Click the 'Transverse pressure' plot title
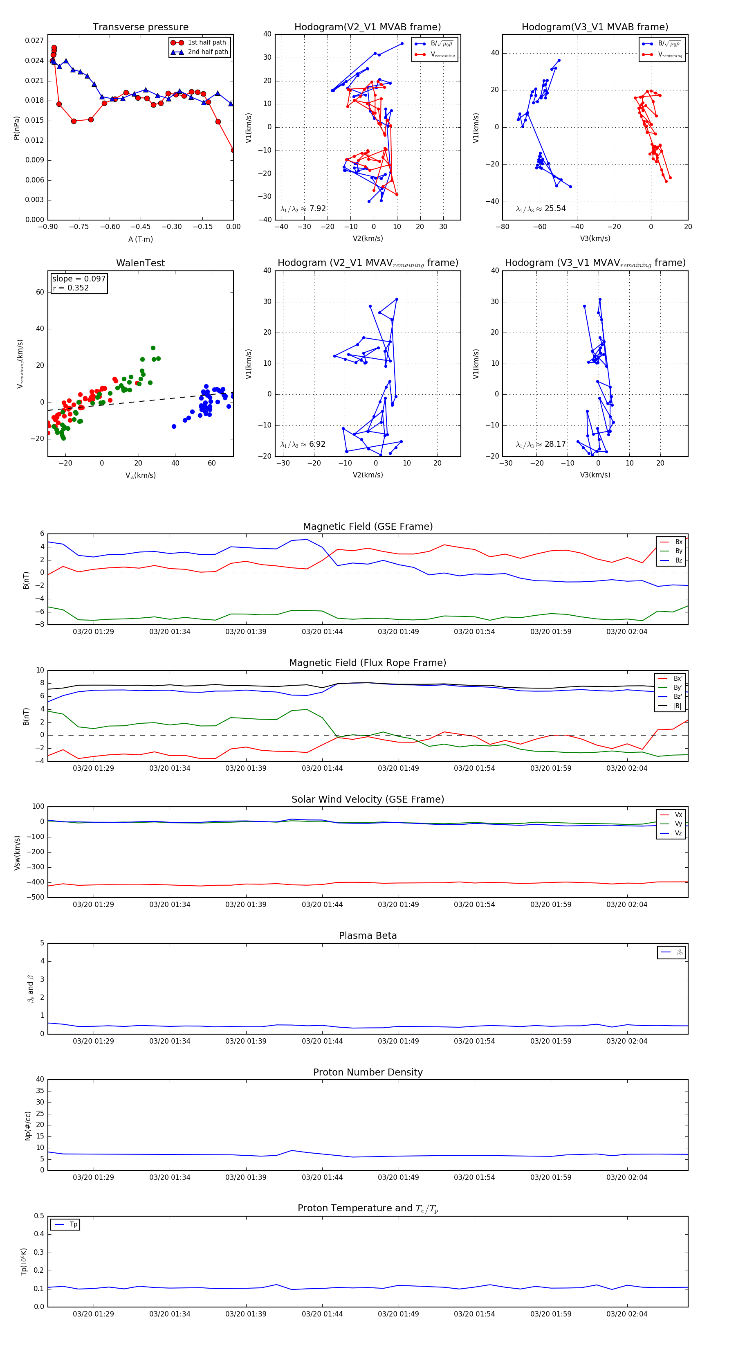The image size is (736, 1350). tap(140, 27)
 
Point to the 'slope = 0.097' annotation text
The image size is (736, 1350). tap(79, 279)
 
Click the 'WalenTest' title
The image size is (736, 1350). tap(140, 263)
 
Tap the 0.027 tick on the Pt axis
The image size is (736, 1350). tap(35, 41)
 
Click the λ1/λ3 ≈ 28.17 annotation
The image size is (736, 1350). tap(541, 444)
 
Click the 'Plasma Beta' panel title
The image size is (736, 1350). tap(368, 936)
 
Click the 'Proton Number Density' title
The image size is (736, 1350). tap(368, 1072)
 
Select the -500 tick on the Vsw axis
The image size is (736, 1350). tap(35, 897)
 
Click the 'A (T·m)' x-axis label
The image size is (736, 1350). tap(140, 239)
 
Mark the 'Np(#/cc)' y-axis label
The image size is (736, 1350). tap(28, 1126)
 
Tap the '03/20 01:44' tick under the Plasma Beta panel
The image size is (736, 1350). tap(322, 1041)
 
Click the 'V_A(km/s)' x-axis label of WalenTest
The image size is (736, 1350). tap(140, 475)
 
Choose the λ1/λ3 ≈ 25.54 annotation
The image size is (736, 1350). tap(541, 209)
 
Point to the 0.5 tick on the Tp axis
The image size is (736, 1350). tap(39, 1216)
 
